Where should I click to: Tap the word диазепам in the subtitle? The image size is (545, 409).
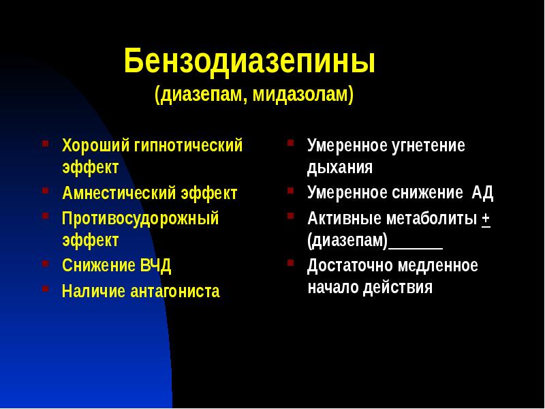[198, 94]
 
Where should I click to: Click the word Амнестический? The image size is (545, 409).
[119, 193]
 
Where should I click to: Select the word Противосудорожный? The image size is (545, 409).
[140, 219]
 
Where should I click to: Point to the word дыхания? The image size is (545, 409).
[339, 168]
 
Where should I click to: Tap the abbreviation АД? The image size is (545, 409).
[482, 193]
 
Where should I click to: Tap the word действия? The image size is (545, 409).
[399, 287]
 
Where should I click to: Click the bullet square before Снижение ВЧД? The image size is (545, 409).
[45, 262]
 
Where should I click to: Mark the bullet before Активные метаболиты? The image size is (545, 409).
[290, 216]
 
